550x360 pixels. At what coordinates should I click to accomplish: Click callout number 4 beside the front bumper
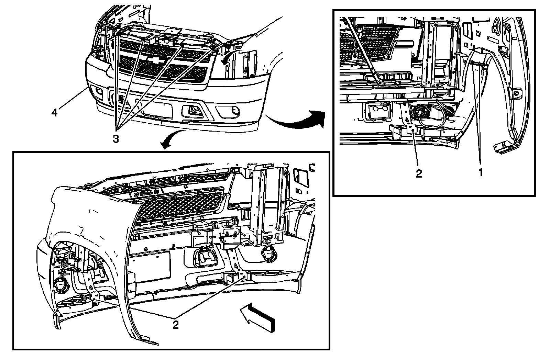[55, 112]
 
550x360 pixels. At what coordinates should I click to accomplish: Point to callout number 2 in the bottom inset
[175, 325]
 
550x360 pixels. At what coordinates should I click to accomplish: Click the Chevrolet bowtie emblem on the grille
[154, 60]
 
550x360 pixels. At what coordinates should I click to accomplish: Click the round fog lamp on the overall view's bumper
[235, 110]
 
